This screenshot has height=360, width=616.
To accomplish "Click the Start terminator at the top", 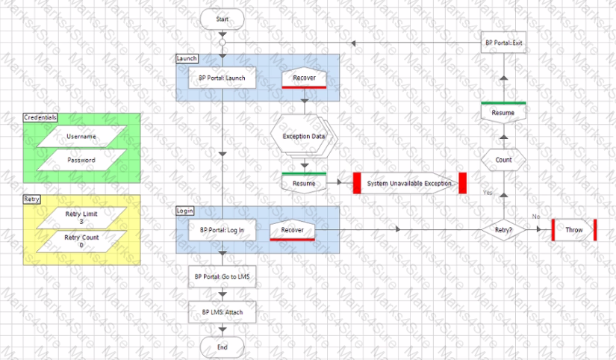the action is pos(222,19).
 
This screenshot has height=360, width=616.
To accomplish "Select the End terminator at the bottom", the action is pos(222,347).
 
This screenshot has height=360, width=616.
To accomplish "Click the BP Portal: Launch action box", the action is pos(222,78).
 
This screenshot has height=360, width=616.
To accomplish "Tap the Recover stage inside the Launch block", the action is pos(304,78).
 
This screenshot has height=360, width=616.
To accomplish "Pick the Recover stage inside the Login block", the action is pos(292,230).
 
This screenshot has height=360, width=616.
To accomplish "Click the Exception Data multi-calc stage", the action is pos(304,137).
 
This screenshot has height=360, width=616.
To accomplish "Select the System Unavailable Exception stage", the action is pos(410,183).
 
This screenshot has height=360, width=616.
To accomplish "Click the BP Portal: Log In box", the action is pos(222,230).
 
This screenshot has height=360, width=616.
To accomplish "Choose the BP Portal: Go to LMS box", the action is pos(222,276).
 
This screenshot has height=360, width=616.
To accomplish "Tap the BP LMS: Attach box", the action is pos(222,312).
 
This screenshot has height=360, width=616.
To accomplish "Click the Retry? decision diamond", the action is pos(503,230).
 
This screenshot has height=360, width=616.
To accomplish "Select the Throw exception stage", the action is pos(574,230).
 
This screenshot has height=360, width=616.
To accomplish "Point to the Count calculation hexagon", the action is pos(503,160).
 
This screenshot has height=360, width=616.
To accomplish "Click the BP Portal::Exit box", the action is pos(503,43).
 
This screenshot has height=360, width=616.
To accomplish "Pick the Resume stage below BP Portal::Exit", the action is pos(503,113).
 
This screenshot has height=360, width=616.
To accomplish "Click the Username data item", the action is pos(81,137).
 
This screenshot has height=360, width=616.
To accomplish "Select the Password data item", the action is pos(81,160).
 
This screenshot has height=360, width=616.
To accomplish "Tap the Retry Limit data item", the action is pos(81,218).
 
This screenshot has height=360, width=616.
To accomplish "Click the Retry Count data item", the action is pos(81,241).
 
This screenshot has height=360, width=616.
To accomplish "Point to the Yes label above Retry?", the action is pos(488,193).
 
